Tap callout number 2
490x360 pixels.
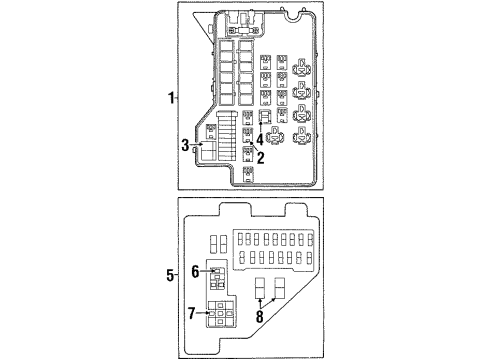click(x=260, y=157)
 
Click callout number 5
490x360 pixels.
click(x=171, y=273)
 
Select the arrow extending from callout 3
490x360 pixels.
click(x=196, y=147)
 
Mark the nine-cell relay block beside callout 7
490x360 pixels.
click(x=219, y=315)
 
